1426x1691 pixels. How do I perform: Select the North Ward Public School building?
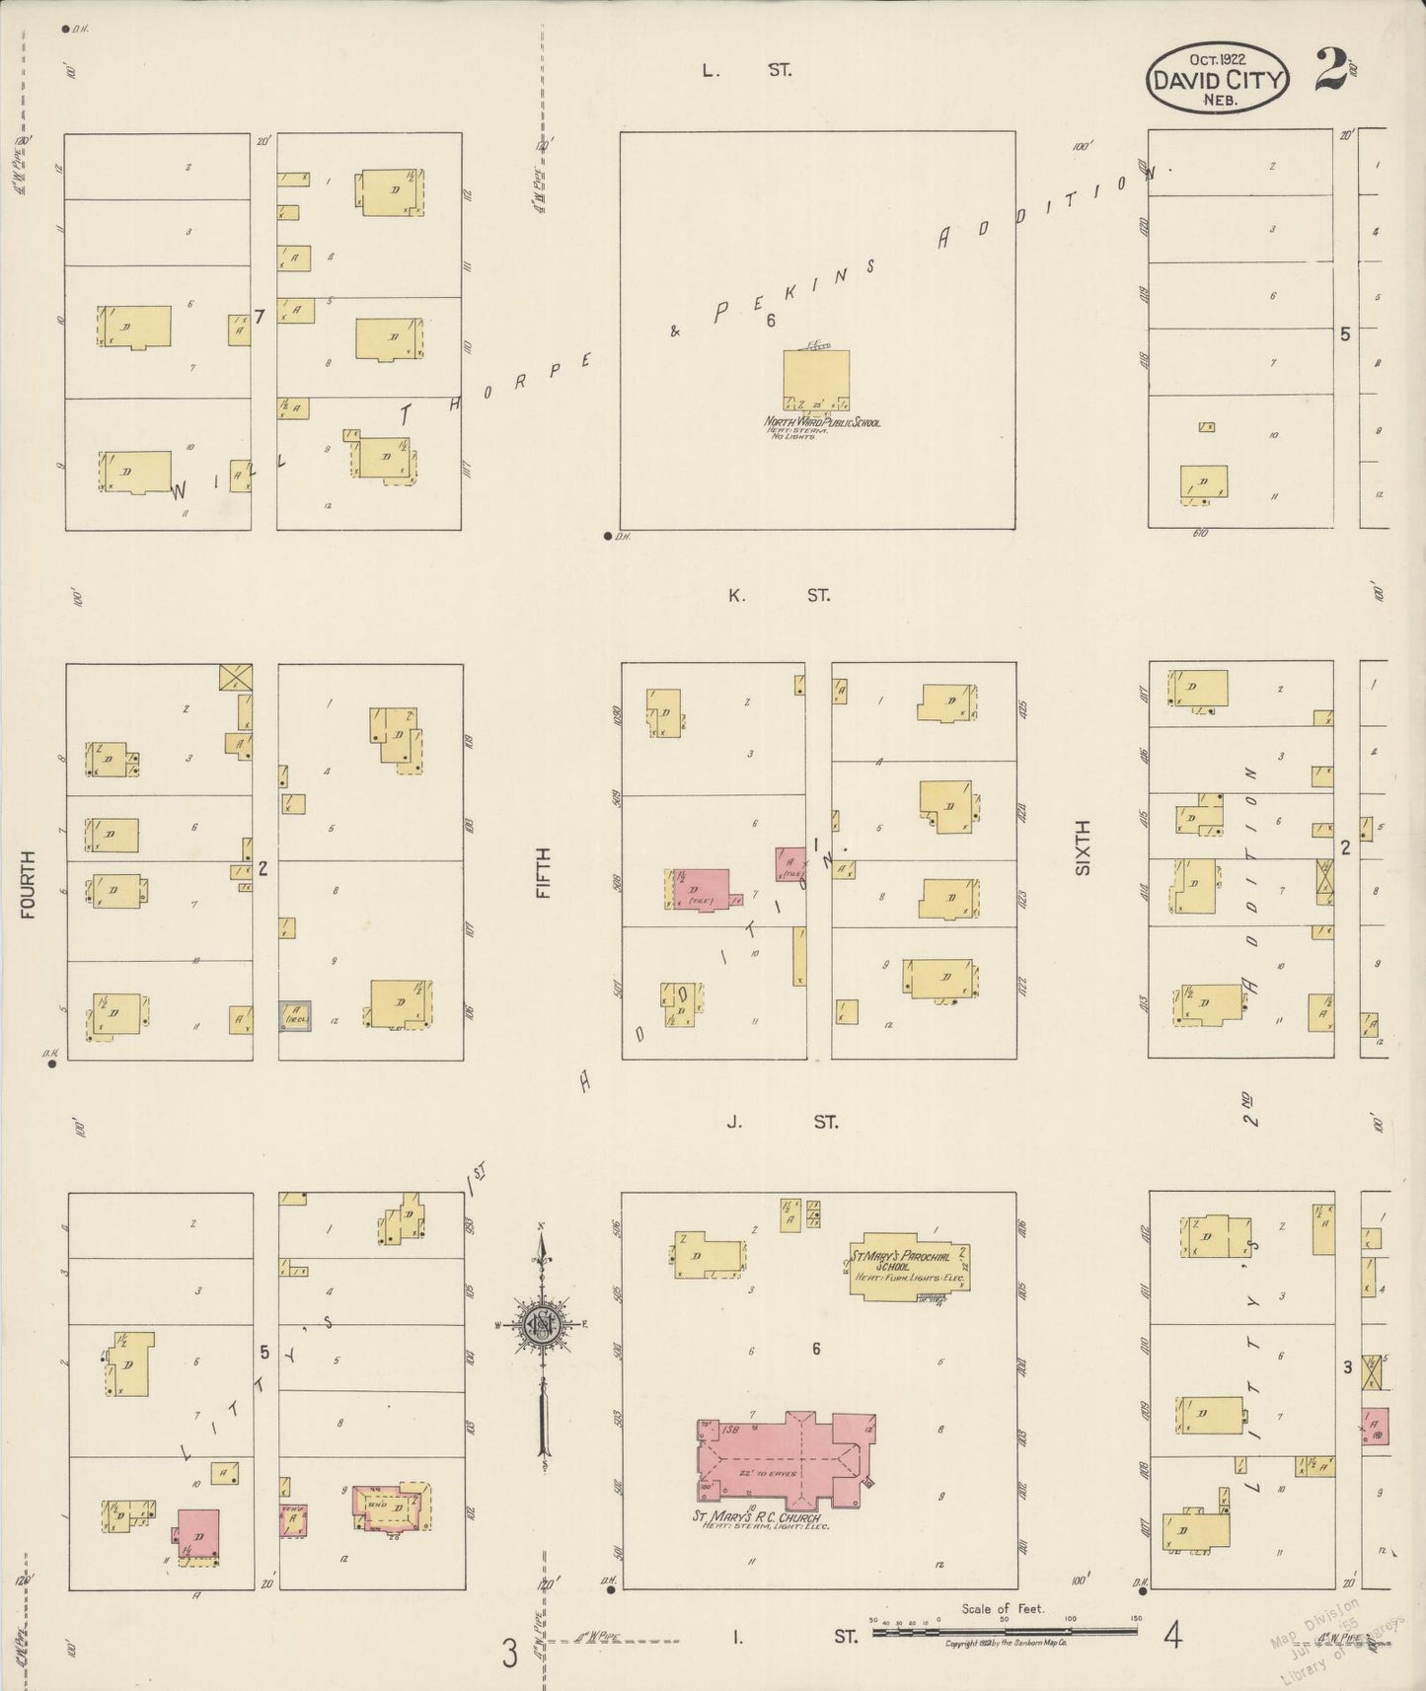click(x=816, y=380)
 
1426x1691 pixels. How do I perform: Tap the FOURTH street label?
click(x=27, y=885)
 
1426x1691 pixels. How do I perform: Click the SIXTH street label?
click(x=1084, y=846)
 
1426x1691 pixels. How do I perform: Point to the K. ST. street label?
click(x=779, y=595)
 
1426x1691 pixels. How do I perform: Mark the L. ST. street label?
click(x=746, y=70)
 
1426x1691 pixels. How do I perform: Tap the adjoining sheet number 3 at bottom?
click(x=509, y=1652)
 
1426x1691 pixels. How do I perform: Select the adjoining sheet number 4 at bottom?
click(x=1172, y=1637)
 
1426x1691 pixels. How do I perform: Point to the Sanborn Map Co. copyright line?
click(x=1006, y=1644)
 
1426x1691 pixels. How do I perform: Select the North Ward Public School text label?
click(x=822, y=422)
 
